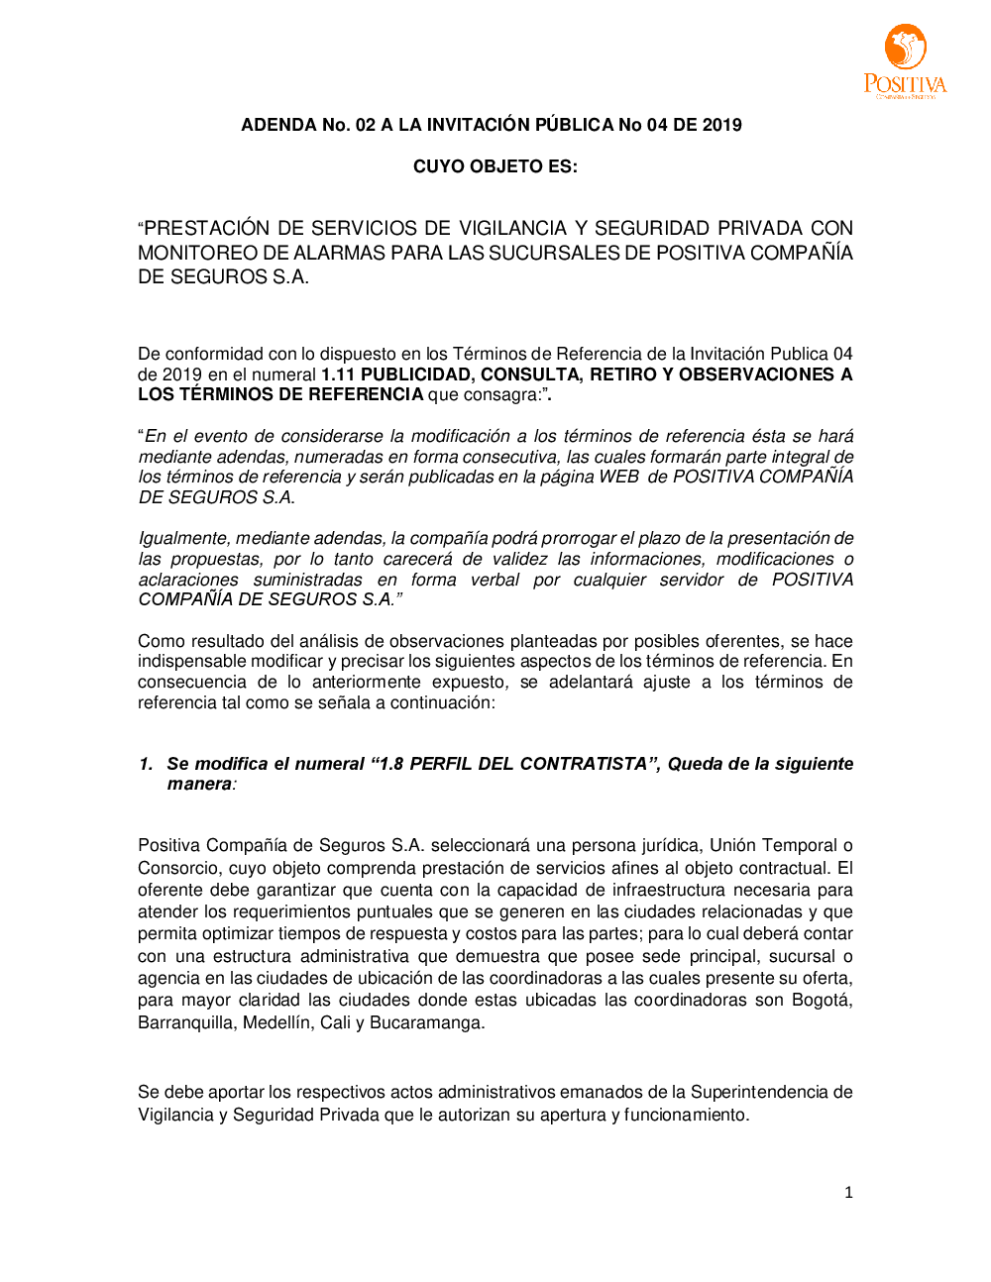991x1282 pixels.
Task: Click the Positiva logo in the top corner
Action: (905, 60)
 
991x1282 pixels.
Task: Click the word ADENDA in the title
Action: (278, 125)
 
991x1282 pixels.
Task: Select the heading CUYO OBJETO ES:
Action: (495, 166)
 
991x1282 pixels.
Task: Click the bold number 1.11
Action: (338, 374)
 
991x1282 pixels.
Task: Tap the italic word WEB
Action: (618, 477)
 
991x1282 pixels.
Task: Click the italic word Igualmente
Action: (182, 538)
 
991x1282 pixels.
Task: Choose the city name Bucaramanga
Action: (426, 1022)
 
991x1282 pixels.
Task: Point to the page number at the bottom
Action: (848, 1193)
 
